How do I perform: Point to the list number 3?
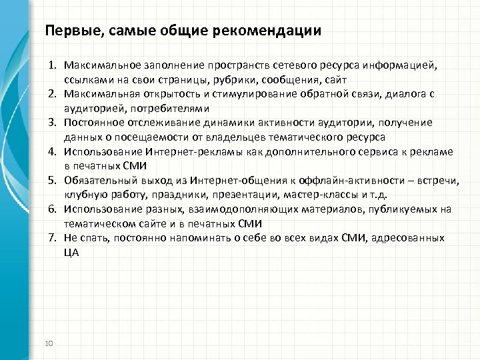[x=52, y=123]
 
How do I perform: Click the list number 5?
[x=52, y=180]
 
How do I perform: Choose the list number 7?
[x=52, y=237]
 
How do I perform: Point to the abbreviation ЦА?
[x=72, y=252]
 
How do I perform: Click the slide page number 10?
[x=48, y=343]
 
